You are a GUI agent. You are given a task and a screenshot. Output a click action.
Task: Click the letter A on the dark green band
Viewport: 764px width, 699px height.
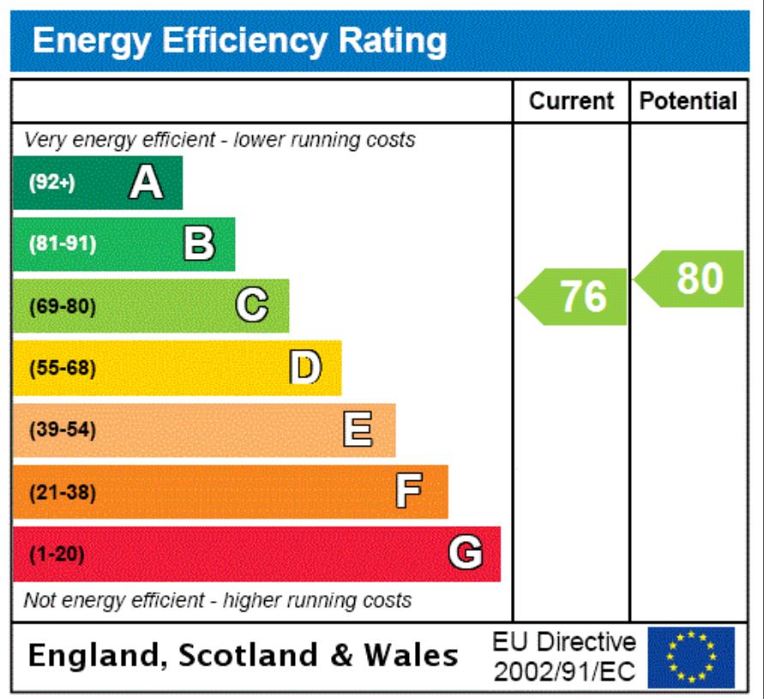pyautogui.click(x=146, y=183)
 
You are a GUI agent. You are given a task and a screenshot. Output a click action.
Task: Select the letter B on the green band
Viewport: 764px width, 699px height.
pyautogui.click(x=199, y=244)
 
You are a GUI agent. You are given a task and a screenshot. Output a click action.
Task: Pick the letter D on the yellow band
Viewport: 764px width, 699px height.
pyautogui.click(x=305, y=368)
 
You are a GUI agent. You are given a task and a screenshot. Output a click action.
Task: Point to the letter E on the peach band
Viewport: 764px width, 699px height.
pyautogui.click(x=358, y=430)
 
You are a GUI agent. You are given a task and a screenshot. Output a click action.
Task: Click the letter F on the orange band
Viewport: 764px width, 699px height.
pyautogui.click(x=410, y=492)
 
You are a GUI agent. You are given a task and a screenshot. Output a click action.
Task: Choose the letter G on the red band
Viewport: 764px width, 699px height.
pyautogui.click(x=465, y=554)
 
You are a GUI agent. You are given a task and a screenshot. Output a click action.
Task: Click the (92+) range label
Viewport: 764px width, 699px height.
pyautogui.click(x=52, y=183)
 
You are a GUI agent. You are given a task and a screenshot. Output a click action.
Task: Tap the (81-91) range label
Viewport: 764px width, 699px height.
pyautogui.click(x=63, y=244)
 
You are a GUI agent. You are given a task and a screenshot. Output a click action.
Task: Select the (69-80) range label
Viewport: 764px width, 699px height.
pyautogui.click(x=63, y=306)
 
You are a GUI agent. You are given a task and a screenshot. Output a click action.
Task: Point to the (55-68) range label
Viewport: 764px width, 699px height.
pyautogui.click(x=63, y=369)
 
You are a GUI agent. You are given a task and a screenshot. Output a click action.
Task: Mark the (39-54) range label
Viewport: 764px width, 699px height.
pyautogui.click(x=63, y=431)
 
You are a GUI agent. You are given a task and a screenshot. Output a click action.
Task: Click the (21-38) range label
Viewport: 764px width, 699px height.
pyautogui.click(x=63, y=492)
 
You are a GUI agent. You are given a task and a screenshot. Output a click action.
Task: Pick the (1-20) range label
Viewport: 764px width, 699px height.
pyautogui.click(x=57, y=554)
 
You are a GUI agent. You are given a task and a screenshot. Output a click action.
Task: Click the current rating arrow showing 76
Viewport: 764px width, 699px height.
pyautogui.click(x=575, y=297)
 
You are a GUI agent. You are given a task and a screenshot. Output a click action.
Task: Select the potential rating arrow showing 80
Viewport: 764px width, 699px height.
pyautogui.click(x=691, y=279)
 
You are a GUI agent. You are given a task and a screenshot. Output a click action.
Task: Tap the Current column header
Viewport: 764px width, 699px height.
pyautogui.click(x=572, y=101)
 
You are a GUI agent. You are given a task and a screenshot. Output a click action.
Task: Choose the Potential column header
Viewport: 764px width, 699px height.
pyautogui.click(x=689, y=101)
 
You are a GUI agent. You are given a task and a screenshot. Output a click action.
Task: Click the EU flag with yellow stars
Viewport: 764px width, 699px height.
pyautogui.click(x=691, y=658)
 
